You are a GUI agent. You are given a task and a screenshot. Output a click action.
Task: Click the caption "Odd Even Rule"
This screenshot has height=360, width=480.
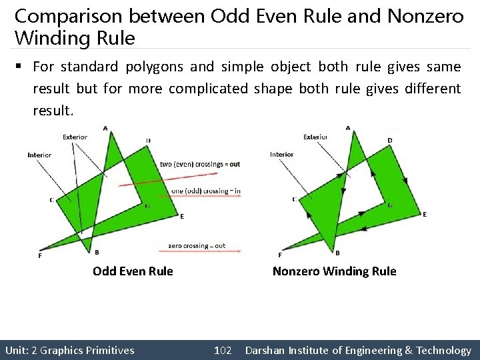click(x=133, y=271)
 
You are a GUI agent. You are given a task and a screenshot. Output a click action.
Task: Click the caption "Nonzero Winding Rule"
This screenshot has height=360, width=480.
click(x=334, y=271)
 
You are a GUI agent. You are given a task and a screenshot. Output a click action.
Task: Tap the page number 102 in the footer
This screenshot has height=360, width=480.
click(x=223, y=350)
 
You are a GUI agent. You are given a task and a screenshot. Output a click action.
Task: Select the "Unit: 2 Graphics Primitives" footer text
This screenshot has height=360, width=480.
click(x=69, y=350)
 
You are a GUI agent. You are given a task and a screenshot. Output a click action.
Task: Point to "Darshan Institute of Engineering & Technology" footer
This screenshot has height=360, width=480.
click(x=358, y=350)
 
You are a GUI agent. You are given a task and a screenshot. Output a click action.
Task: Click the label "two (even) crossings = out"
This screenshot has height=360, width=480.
click(x=200, y=164)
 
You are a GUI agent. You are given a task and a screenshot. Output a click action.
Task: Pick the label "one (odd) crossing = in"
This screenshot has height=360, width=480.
click(x=206, y=191)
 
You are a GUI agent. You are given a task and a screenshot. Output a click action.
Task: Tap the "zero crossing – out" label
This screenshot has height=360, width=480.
click(x=197, y=246)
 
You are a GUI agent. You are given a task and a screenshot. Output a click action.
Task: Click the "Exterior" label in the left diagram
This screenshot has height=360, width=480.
click(x=75, y=137)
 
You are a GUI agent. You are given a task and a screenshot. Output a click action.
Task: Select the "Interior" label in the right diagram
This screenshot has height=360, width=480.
click(x=281, y=155)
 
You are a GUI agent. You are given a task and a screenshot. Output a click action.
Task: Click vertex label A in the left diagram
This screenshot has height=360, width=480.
click(x=106, y=128)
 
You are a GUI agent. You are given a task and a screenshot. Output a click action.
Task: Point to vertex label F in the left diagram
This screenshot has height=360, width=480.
click(x=40, y=256)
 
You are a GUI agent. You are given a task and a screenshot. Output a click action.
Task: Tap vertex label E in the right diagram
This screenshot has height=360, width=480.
click(x=425, y=214)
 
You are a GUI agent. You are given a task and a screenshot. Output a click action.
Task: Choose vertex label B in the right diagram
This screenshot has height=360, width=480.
click(x=337, y=253)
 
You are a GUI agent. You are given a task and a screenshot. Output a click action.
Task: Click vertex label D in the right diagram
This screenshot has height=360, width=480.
click(x=390, y=140)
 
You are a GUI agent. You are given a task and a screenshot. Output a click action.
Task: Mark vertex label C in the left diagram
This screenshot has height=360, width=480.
click(x=51, y=199)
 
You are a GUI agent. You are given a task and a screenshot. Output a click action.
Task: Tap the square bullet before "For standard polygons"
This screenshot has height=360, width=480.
click(x=23, y=67)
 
